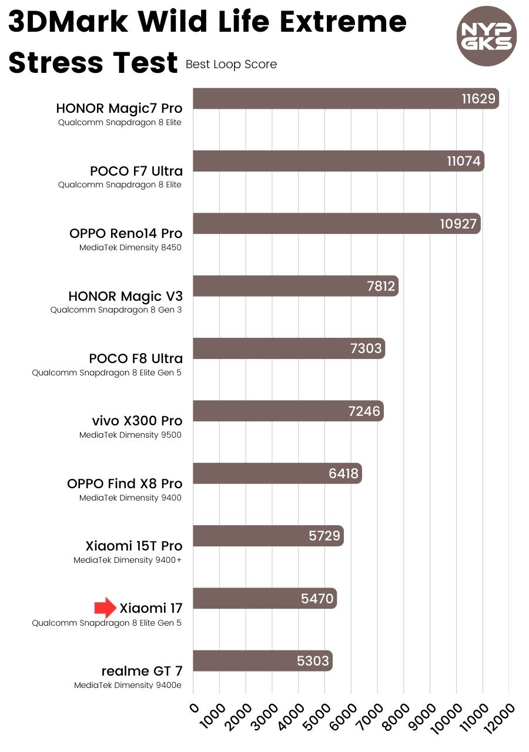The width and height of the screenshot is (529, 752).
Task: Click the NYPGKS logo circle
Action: (x=486, y=36)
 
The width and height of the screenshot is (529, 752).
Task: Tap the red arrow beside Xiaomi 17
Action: (x=106, y=608)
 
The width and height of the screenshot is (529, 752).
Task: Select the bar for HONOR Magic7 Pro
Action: (x=329, y=99)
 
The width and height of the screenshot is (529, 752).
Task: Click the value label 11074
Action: (x=464, y=161)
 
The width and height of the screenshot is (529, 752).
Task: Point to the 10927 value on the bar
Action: (x=458, y=224)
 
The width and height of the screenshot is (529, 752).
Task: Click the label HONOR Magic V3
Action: (x=125, y=296)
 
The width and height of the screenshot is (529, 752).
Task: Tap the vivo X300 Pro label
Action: (x=137, y=421)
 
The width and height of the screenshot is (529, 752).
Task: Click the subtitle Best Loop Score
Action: (x=231, y=65)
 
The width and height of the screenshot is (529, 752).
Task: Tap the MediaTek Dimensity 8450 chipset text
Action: (x=130, y=248)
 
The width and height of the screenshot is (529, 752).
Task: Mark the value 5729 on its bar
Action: (x=324, y=536)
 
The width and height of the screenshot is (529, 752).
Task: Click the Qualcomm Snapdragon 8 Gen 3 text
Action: (x=116, y=310)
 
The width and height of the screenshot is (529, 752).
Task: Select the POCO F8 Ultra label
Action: (x=136, y=358)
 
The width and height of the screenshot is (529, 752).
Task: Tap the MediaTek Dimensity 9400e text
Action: (x=128, y=685)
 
